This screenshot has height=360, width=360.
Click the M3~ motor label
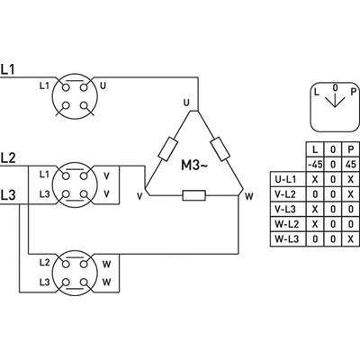click(x=194, y=166)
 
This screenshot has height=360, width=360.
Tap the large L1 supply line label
click(x=8, y=69)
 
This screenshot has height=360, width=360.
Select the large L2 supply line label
click(x=8, y=157)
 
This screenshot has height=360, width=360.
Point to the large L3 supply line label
click(x=8, y=195)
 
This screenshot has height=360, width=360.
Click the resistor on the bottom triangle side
click(x=194, y=195)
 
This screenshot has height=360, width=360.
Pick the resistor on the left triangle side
click(x=167, y=148)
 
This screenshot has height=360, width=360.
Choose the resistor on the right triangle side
click(x=220, y=148)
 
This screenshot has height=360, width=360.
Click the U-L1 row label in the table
click(x=285, y=179)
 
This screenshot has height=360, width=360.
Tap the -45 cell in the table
click(x=315, y=164)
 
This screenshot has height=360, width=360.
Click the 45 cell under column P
click(x=351, y=164)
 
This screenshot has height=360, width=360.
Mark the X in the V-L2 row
click(x=351, y=194)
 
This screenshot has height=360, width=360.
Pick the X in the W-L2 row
click(x=315, y=224)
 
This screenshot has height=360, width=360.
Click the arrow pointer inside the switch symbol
click(x=335, y=99)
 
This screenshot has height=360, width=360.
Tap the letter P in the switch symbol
click(x=354, y=92)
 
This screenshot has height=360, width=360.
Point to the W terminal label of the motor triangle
click(x=249, y=196)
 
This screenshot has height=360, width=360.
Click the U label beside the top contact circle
click(x=103, y=86)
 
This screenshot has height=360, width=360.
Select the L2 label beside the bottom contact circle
click(x=44, y=263)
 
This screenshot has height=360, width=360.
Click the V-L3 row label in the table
click(x=285, y=209)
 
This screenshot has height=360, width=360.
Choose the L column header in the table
click(x=315, y=149)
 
